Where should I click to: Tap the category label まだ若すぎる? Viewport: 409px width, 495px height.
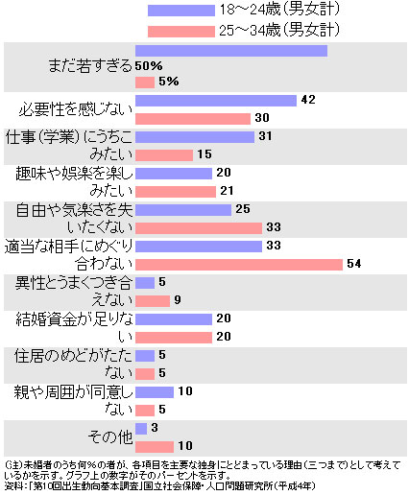88,66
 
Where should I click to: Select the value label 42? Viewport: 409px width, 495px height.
308,100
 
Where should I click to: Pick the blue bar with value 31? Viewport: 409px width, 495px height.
195,136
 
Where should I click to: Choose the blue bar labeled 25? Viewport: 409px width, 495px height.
183,209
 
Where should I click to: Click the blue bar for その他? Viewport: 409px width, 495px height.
141,428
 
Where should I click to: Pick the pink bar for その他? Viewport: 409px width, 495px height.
155,446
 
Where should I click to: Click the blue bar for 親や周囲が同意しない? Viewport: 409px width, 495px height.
155,391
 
